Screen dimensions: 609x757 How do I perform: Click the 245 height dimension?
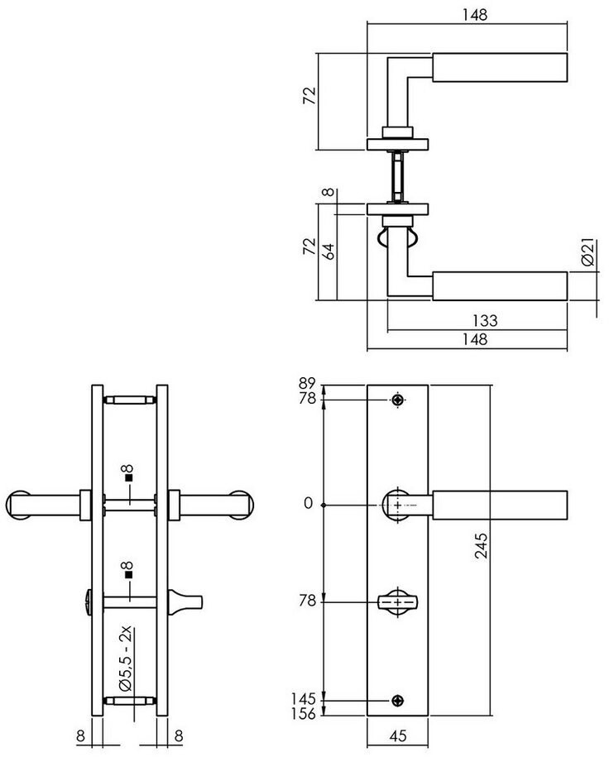(481, 545)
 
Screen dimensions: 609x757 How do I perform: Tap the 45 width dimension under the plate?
(397, 735)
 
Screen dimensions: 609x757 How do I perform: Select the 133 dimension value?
(484, 320)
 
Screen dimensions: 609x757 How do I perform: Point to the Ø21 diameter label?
(587, 252)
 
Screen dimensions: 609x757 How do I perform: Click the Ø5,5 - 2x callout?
(125, 659)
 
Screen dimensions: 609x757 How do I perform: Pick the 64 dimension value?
(328, 252)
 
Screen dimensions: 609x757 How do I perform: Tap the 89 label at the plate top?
(307, 384)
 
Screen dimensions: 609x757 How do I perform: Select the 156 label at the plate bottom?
(304, 713)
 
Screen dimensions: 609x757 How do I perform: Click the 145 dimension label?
(304, 699)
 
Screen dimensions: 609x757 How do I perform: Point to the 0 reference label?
(308, 504)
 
